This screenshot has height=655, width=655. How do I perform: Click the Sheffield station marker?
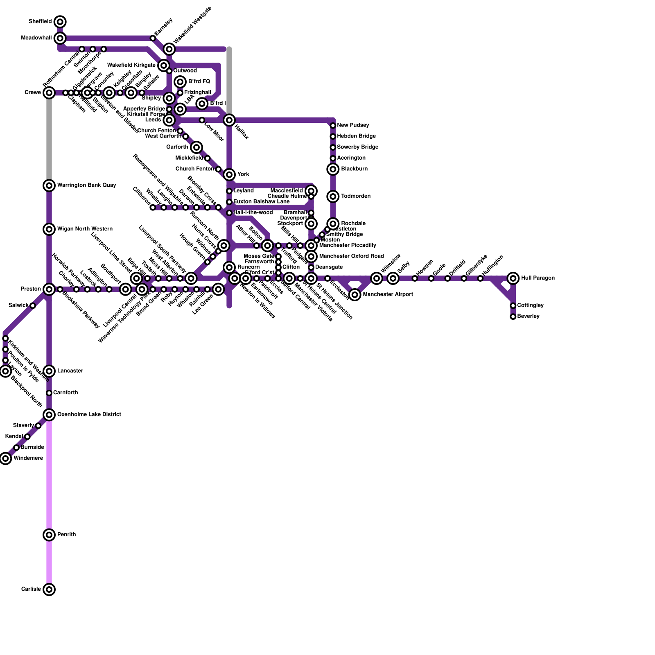60,22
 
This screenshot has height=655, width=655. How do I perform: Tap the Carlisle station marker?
49,589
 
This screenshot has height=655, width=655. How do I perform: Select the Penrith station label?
66,535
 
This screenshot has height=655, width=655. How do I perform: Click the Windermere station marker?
5,458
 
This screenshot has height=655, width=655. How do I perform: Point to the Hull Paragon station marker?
513,278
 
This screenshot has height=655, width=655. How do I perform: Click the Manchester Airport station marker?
355,295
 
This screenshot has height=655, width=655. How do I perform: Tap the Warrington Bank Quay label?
86,185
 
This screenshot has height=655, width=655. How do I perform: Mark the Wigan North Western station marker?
49,229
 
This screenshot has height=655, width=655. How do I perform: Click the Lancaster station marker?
49,371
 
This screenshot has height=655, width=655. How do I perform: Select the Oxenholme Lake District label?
89,415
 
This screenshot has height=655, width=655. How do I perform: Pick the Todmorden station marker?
333,196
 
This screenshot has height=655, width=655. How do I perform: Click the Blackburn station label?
354,169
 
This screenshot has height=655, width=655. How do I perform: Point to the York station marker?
229,174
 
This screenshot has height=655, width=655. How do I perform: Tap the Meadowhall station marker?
60,38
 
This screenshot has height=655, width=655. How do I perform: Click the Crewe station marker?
49,93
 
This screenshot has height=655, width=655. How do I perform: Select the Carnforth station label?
65,393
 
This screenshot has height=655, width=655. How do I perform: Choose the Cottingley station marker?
513,306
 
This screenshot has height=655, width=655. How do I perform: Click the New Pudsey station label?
353,125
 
